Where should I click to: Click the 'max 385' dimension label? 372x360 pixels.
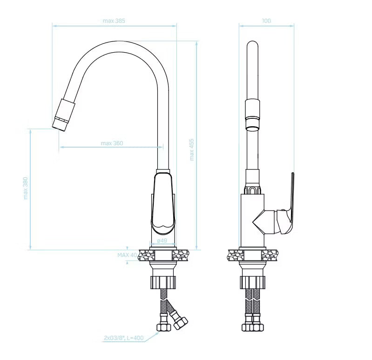click(114, 21)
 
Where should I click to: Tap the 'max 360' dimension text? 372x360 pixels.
click(112, 143)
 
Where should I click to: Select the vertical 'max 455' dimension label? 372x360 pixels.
click(192, 150)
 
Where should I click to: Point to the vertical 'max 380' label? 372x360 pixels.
click(26, 188)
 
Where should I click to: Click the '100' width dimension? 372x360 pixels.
click(266, 21)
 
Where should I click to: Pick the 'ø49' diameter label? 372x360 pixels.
click(162, 240)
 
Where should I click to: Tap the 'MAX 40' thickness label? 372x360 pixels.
click(127, 255)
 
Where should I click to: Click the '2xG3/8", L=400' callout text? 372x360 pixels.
click(123, 338)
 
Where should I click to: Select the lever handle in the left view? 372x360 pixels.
click(163, 203)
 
